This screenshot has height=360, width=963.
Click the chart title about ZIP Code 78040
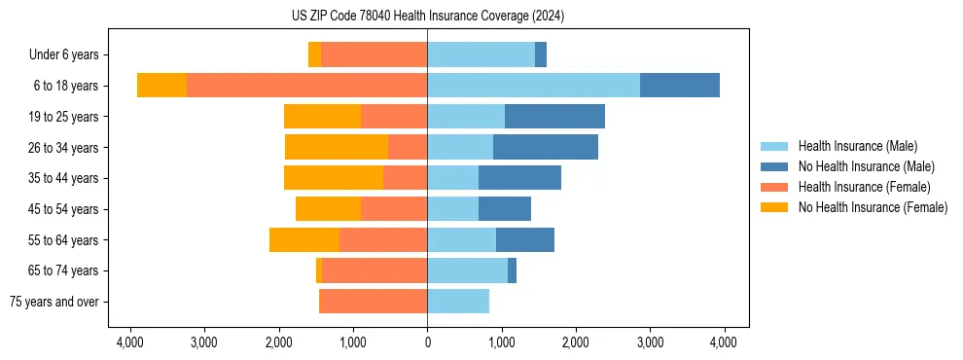[x=427, y=17]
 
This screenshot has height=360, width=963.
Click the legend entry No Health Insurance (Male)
[x=860, y=166]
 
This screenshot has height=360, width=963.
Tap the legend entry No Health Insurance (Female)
[x=872, y=207]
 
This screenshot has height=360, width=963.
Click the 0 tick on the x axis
[x=427, y=342]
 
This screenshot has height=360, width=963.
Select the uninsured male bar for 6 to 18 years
[x=679, y=86]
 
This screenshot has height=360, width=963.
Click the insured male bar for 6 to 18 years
[x=533, y=86]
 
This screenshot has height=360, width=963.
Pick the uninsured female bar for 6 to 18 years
[x=161, y=86]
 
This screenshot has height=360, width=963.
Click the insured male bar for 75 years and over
[x=458, y=302]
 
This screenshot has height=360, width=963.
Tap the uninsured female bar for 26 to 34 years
[x=337, y=147]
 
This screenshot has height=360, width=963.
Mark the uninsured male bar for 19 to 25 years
[x=554, y=117]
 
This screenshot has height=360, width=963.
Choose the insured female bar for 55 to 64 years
[x=383, y=239]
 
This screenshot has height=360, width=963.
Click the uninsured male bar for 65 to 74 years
[x=512, y=270]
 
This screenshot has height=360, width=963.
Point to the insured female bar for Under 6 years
[x=374, y=55]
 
